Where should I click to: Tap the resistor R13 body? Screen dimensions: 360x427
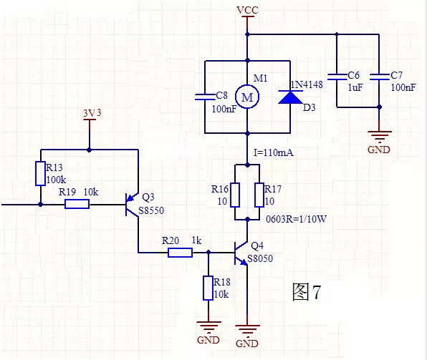40,174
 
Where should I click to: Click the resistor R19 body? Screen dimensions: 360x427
77,204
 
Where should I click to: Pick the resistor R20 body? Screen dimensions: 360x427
180,252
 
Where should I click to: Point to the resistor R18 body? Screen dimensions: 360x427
208,288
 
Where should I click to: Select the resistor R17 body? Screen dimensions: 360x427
259,195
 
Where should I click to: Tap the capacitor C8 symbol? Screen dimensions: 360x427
206,97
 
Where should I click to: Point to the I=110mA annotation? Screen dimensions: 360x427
274,152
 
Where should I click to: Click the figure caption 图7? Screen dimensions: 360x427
306,292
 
